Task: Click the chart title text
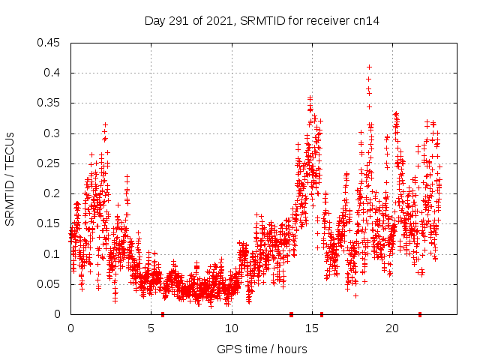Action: click(x=262, y=21)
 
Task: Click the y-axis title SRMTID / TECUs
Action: click(x=10, y=178)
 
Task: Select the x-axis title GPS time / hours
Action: click(x=262, y=349)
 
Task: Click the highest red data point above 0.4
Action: click(x=369, y=67)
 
